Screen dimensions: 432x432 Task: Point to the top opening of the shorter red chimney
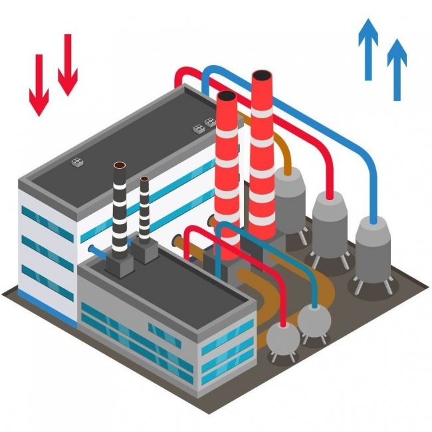pos(227,98)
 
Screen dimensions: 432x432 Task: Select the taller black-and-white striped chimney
pos(120,206)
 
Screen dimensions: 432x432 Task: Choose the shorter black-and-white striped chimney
pos(144,209)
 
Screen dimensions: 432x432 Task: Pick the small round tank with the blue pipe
pos(314,321)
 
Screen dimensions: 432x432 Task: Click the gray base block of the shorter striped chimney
pos(146,253)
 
